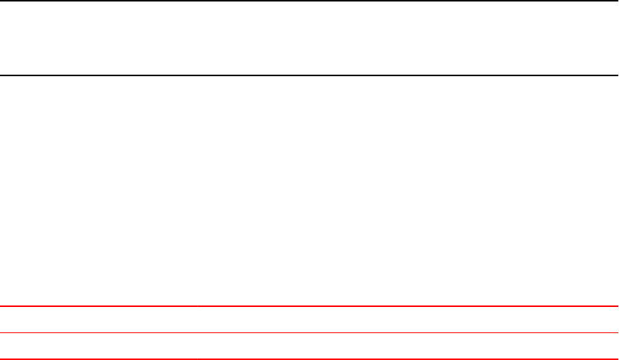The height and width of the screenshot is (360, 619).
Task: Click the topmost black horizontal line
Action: (309, 1)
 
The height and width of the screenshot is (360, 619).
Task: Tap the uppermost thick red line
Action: (309, 306)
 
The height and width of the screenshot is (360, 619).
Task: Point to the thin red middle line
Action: (309, 332)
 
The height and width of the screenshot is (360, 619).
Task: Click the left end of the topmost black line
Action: (1, 1)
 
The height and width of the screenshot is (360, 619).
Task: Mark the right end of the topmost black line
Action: (617, 1)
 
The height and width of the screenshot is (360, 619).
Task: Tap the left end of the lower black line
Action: (1, 75)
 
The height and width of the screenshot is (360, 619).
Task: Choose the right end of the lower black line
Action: (617, 75)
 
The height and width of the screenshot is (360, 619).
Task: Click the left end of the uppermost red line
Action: (1, 306)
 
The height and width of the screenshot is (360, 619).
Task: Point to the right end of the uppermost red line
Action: (617, 306)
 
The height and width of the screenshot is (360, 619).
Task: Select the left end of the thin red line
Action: (1, 332)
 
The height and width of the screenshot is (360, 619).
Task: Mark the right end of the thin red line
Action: (617, 332)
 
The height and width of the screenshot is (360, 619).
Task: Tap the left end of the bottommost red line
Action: (1, 359)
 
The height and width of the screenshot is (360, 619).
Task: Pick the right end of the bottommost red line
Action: (617, 359)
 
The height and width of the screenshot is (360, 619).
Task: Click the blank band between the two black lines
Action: (309, 37)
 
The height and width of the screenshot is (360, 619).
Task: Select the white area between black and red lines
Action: (309, 190)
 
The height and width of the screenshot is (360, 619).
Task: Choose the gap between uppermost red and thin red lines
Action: (309, 320)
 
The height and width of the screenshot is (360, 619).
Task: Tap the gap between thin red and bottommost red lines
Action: (309, 346)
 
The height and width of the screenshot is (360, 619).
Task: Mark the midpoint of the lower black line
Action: (309, 75)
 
